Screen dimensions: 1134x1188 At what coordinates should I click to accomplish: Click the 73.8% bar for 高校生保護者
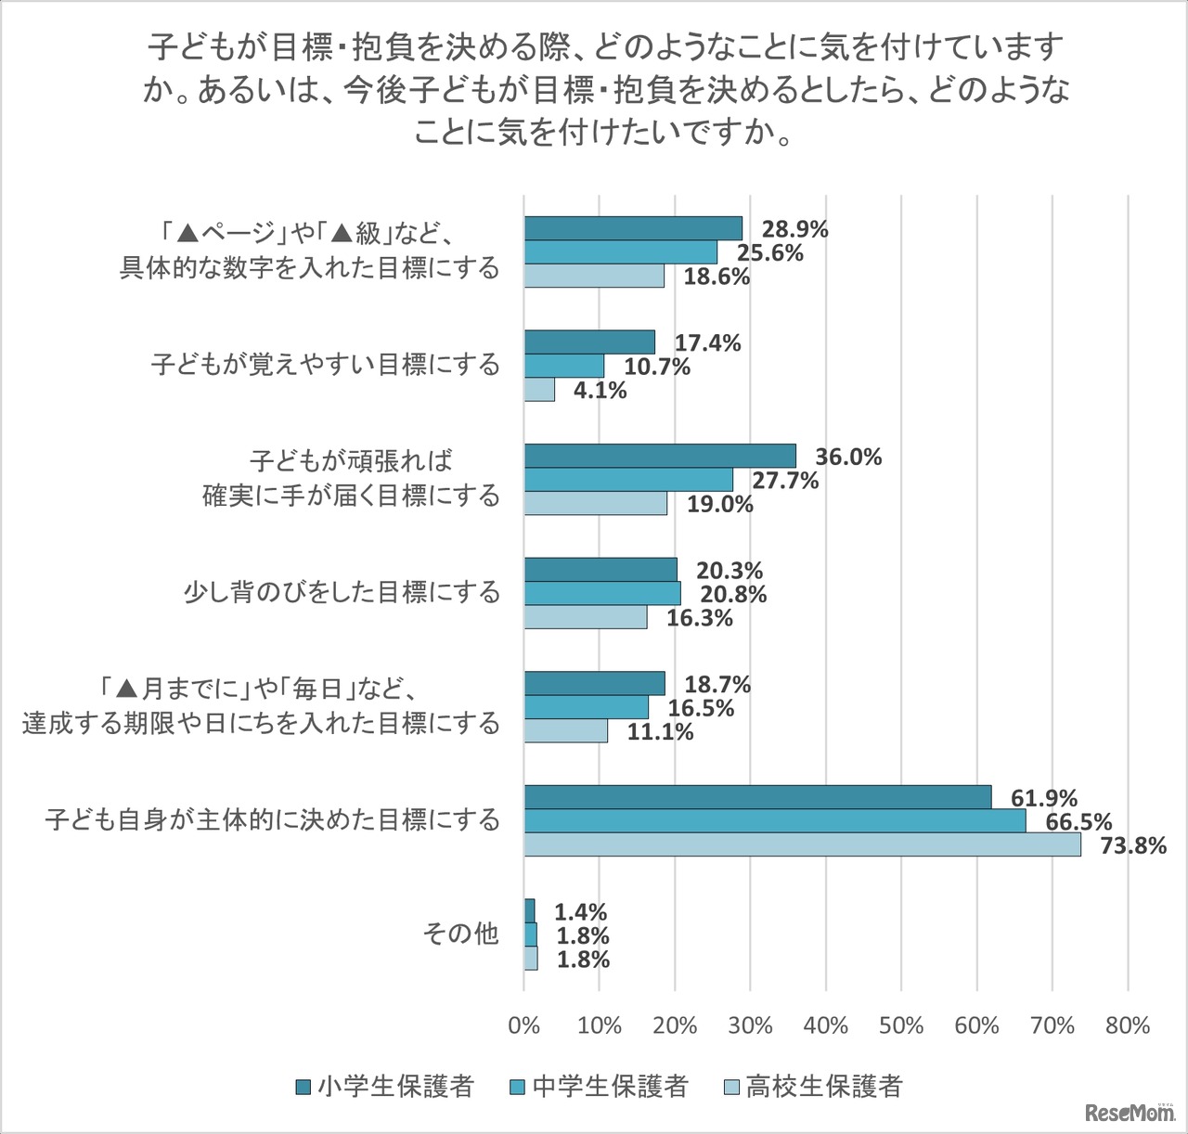803,844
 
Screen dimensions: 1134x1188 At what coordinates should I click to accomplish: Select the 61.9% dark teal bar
758,797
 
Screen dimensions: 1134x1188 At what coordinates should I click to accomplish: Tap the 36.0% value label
848,457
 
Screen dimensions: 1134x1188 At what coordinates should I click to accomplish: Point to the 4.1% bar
540,390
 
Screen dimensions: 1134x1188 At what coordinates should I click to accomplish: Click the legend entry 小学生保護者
385,1086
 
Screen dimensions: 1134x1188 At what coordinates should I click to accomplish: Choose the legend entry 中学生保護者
600,1086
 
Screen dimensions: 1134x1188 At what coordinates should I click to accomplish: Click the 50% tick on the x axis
901,1025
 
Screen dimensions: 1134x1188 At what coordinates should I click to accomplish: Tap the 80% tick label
1128,1025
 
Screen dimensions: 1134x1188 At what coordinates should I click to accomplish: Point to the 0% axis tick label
524,1025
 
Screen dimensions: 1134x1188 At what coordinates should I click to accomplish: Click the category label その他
460,934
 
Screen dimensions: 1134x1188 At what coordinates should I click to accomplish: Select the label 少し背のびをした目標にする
342,592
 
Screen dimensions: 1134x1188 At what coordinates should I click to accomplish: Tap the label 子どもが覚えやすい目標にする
326,365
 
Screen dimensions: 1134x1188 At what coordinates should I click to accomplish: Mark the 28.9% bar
634,228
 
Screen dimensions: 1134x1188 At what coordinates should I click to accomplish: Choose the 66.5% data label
1078,821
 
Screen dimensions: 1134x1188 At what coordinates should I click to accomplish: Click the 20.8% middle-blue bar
603,593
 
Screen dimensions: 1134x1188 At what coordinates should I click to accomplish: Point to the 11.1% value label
661,732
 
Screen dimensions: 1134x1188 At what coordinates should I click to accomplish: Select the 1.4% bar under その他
530,910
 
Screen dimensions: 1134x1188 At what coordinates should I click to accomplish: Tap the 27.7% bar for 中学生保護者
629,480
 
